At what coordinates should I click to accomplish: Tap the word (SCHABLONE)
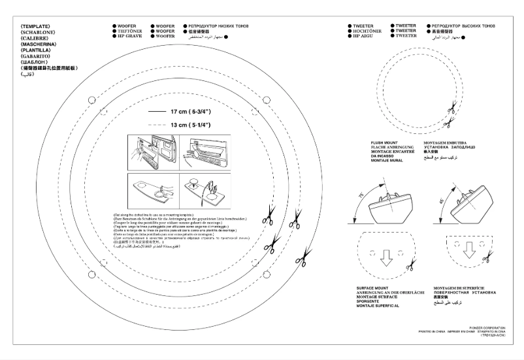click(37, 32)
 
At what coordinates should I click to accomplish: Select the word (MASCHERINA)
click(39, 44)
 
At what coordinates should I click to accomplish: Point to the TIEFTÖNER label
click(129, 31)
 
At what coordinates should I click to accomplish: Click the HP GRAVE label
click(128, 36)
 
